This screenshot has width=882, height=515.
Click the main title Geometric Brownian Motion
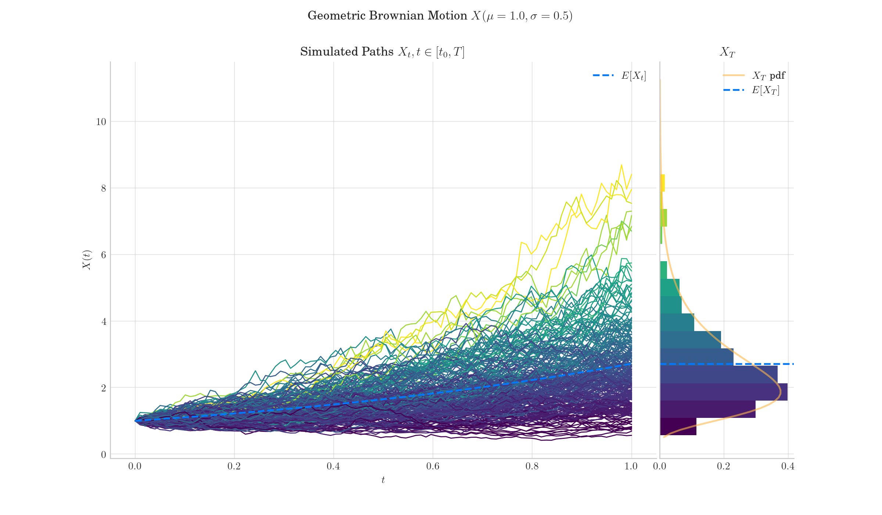pos(440,16)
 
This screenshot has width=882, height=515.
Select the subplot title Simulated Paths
pos(382,52)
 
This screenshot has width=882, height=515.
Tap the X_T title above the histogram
pos(727,52)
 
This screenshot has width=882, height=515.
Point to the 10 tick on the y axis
pos(101,122)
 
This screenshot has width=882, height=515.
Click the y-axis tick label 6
pos(104,255)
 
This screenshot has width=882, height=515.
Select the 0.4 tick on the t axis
pos(333,466)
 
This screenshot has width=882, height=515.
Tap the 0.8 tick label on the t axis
pos(532,466)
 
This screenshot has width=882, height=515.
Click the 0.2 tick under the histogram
pos(724,466)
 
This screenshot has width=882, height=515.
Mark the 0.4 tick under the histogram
pos(788,466)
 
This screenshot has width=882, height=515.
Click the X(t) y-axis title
pos(87,260)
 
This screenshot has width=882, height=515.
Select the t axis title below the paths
pos(383,480)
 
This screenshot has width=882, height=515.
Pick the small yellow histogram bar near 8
pos(663,183)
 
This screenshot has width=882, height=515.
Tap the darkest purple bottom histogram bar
pos(678,427)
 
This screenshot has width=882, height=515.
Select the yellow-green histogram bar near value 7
pos(664,218)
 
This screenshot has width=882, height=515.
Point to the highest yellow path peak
pos(621,165)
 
